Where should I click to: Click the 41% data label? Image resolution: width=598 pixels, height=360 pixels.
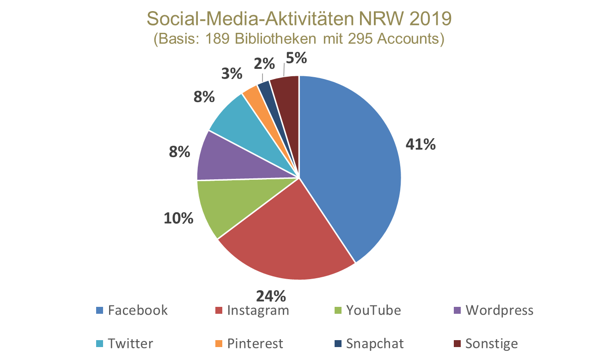(x=421, y=145)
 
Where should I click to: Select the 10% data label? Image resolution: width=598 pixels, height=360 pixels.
(x=178, y=218)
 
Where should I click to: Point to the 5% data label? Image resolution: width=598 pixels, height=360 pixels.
(x=296, y=59)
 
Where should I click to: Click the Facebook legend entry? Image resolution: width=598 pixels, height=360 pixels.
(x=132, y=310)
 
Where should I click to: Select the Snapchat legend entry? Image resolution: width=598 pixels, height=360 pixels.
(x=369, y=344)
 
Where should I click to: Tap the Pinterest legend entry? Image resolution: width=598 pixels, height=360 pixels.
(x=249, y=344)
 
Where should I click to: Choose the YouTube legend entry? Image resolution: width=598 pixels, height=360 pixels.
(x=367, y=310)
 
